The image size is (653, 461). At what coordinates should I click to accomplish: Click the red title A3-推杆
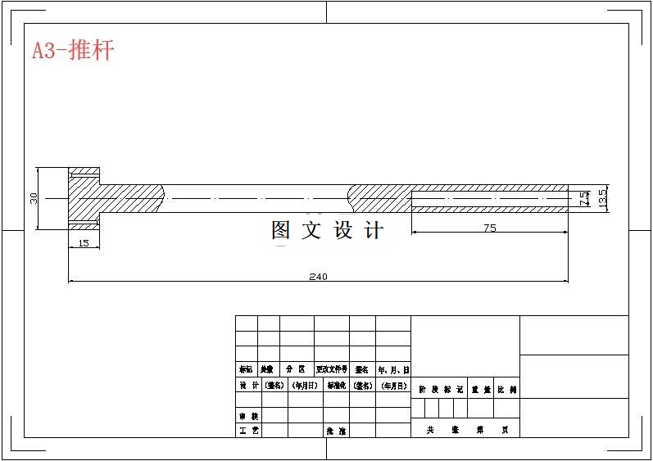tap(73, 51)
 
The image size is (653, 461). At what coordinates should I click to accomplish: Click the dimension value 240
tap(318, 277)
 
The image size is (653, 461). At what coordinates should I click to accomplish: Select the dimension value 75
tap(489, 228)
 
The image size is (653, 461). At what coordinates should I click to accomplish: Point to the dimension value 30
tap(34, 198)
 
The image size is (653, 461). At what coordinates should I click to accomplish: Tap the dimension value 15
tap(84, 243)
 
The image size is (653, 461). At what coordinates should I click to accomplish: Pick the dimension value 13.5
tap(602, 198)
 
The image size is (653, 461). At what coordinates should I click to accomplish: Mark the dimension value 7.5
tap(583, 198)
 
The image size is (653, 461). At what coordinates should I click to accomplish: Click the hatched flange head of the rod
tap(84, 197)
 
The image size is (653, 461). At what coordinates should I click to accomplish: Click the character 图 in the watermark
tap(281, 230)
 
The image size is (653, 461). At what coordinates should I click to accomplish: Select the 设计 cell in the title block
tap(248, 385)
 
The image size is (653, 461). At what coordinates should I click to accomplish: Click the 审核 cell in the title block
tap(248, 416)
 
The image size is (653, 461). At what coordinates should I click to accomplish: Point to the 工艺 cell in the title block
tap(248, 431)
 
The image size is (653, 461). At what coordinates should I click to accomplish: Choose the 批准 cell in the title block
tap(336, 431)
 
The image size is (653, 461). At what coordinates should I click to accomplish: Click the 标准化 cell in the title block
tap(336, 385)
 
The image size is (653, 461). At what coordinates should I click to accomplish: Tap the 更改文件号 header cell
tap(332, 370)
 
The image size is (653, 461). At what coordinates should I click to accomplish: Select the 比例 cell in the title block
tap(507, 391)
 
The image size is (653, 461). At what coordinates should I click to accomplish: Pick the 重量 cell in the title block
tap(480, 391)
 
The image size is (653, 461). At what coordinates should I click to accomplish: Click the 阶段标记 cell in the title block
tap(441, 391)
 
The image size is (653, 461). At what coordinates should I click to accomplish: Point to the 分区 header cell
tap(296, 370)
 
